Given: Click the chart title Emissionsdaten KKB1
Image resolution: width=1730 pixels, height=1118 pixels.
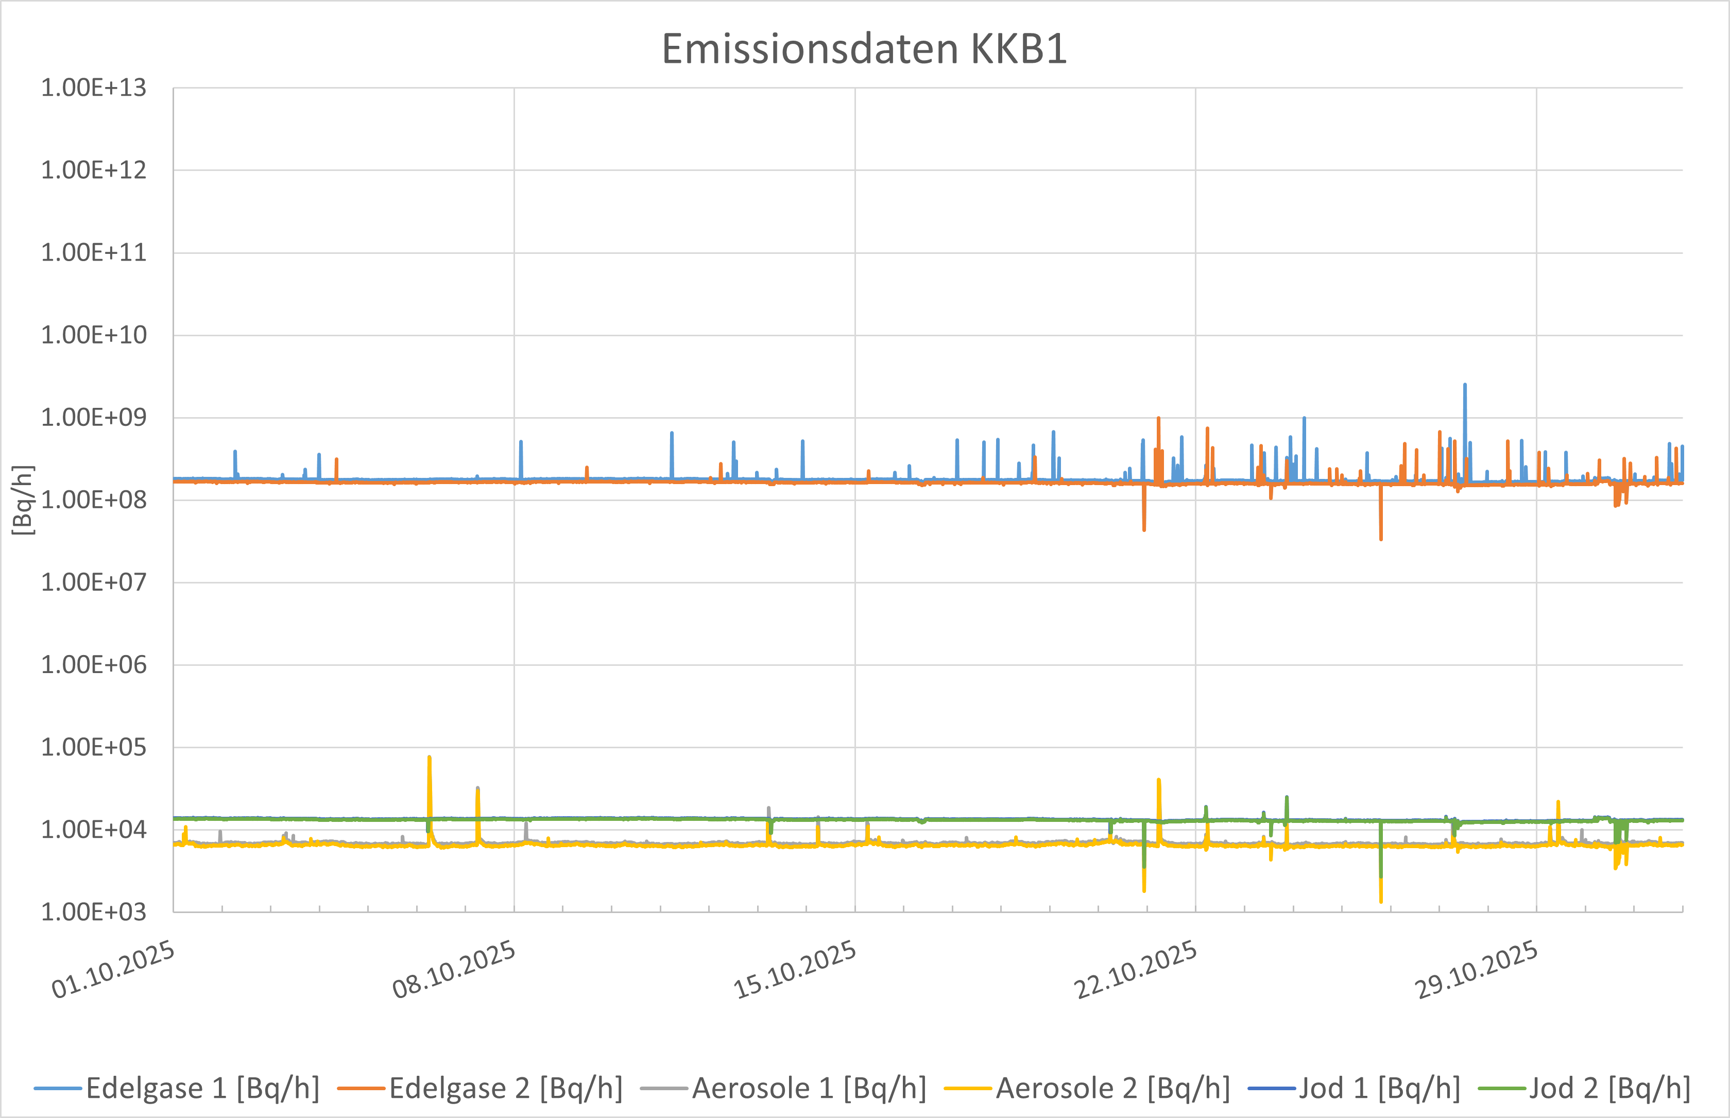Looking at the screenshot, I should click(864, 49).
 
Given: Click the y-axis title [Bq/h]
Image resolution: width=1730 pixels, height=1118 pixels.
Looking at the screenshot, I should click(23, 500).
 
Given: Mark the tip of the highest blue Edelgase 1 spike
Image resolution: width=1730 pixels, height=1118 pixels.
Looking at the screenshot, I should click(1465, 385).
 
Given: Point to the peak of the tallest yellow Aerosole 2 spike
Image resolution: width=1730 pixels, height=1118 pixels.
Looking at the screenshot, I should click(430, 757).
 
